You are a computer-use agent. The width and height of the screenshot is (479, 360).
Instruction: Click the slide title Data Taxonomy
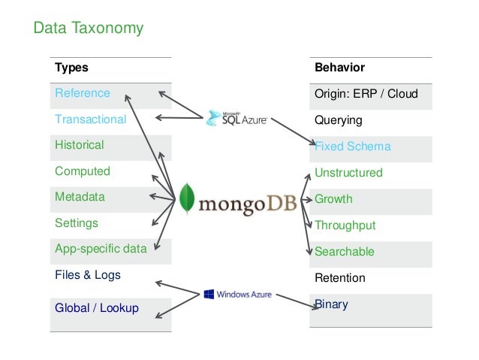[x=88, y=29]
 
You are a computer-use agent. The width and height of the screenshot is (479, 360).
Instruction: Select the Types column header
[x=71, y=68]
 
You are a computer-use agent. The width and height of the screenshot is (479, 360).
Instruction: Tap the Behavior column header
[x=339, y=68]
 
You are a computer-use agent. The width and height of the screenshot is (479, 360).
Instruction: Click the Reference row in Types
[x=82, y=93]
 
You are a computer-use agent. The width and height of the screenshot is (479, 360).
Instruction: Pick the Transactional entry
[x=90, y=119]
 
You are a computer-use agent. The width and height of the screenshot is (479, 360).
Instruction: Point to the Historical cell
[x=79, y=145]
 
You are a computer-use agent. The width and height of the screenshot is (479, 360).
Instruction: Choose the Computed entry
[x=82, y=171]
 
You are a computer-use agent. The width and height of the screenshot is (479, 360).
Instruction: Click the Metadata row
[x=80, y=197]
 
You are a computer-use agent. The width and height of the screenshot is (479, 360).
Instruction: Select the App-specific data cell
[x=101, y=249]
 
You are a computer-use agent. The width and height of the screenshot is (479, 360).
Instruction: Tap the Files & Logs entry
[x=87, y=275]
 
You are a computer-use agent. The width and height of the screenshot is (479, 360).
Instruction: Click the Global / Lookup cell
[x=96, y=307]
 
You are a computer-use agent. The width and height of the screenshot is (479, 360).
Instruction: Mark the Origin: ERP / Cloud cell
[x=366, y=94]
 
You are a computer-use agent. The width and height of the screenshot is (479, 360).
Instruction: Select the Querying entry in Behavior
[x=338, y=120]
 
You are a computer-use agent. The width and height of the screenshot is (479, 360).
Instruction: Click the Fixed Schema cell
[x=353, y=147]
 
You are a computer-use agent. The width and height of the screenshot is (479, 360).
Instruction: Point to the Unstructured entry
[x=348, y=173]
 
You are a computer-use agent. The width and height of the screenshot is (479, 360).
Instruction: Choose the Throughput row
[x=345, y=225]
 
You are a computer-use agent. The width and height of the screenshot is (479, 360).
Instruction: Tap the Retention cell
[x=339, y=278]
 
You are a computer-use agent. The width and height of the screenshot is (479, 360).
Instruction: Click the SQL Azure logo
[x=235, y=118]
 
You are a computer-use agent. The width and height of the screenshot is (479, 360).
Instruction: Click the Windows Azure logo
[x=237, y=294]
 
